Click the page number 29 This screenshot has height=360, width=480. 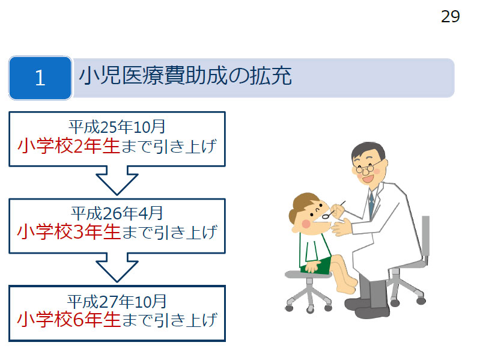tap(451, 17)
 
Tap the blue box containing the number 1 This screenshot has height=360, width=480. tap(40, 78)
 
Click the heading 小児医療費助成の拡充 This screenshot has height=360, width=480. tap(185, 76)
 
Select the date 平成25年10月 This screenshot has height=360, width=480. tap(117, 127)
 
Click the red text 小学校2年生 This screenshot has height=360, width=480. tap(68, 146)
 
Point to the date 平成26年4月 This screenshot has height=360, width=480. tap(117, 213)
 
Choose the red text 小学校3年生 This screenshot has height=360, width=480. tap(69, 232)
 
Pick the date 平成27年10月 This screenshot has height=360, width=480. tap(117, 302)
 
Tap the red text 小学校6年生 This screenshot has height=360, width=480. tap(69, 320)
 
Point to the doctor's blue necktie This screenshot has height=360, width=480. tap(371, 204)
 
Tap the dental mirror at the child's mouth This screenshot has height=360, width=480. tap(333, 210)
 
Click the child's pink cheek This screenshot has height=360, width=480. tap(306, 224)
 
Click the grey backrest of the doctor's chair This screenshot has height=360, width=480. tap(426, 236)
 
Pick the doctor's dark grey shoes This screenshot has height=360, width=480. tap(367, 308)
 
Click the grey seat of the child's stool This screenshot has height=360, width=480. tap(308, 274)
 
